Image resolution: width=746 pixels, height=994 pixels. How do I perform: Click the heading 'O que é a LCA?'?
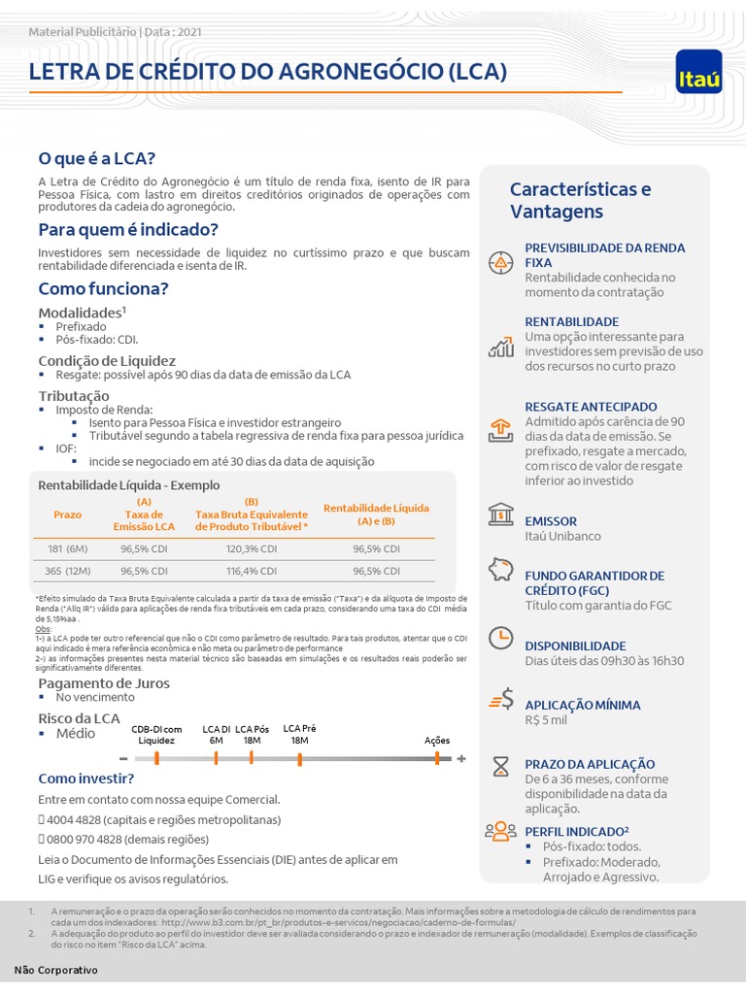(96, 158)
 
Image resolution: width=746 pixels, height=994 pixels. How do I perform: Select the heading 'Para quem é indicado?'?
(128, 229)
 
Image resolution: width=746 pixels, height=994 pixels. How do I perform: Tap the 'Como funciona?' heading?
(103, 288)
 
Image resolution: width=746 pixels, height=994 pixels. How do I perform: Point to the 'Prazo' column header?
(67, 514)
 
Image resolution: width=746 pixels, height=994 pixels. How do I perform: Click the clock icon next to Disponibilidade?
(500, 637)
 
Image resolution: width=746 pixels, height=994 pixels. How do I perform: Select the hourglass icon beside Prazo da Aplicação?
(500, 765)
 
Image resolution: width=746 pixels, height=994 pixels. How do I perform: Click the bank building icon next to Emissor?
(501, 513)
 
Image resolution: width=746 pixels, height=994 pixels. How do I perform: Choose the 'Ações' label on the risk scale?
(437, 740)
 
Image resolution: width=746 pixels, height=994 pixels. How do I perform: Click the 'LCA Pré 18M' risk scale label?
(299, 734)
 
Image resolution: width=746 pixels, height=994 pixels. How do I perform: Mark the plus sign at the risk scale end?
(461, 758)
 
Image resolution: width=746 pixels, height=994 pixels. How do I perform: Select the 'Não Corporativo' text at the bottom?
(56, 970)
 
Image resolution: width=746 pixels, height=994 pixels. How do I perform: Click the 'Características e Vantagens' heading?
(581, 200)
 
